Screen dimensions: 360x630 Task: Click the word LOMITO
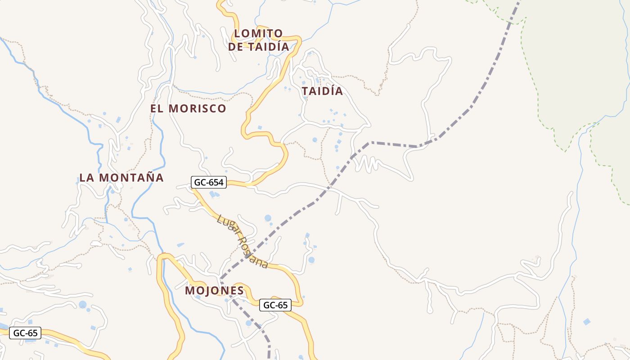click(x=259, y=33)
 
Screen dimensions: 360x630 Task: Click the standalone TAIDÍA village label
click(x=322, y=91)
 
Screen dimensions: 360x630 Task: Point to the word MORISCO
click(x=198, y=108)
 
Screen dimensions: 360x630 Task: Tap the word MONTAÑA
click(x=131, y=178)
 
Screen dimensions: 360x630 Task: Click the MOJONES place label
click(x=214, y=291)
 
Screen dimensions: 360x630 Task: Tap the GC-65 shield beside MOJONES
click(x=275, y=305)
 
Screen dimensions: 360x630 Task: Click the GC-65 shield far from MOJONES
click(x=25, y=333)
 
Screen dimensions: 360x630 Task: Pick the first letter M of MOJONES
click(x=190, y=291)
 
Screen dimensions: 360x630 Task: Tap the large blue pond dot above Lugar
click(x=268, y=218)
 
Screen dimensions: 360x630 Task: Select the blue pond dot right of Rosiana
click(x=311, y=260)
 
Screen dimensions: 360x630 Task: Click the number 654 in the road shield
click(x=215, y=182)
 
